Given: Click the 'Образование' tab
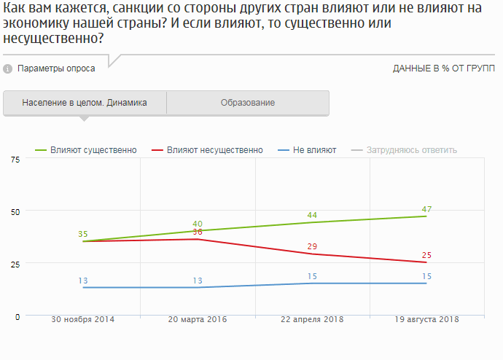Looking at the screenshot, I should click(248, 103).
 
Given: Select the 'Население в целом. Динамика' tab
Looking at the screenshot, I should click(85, 103).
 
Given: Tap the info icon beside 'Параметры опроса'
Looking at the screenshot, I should click(8, 69).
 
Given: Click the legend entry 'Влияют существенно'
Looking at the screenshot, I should click(87, 150).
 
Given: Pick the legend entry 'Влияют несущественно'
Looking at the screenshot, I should click(207, 150).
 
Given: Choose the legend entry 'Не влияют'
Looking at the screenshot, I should click(307, 150).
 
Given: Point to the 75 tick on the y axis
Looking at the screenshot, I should click(15, 160).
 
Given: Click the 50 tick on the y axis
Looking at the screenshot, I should click(15, 211).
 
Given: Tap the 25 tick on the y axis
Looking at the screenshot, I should click(15, 264).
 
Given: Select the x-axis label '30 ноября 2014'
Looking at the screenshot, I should click(83, 320).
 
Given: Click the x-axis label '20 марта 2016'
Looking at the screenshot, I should click(198, 320).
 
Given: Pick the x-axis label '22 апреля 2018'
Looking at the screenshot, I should click(313, 320).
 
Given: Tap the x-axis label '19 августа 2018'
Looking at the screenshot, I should click(426, 320).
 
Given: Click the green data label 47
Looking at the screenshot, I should click(427, 209).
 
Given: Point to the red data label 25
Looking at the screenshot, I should click(427, 255).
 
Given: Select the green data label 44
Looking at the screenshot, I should click(312, 215).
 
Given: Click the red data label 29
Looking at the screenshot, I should click(312, 247).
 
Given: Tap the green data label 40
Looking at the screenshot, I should click(197, 224).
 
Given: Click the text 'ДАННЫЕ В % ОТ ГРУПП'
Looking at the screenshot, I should click(444, 69).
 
